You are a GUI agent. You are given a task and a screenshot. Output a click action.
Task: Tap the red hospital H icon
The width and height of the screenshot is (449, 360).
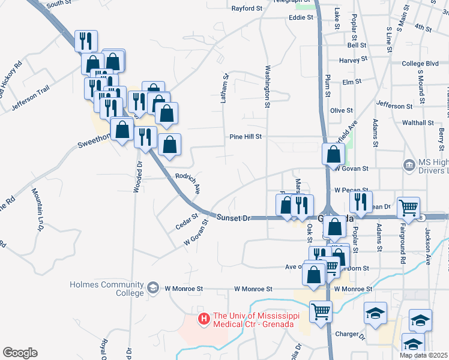point(204,317)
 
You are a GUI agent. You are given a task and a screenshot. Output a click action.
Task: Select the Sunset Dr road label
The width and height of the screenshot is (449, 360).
point(232,218)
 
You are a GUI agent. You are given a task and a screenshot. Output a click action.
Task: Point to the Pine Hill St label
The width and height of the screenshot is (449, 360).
point(246,137)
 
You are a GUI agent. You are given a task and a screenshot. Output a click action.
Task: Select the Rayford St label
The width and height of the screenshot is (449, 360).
point(247,8)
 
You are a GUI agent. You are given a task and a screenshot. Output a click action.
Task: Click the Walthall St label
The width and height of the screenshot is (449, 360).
point(418,122)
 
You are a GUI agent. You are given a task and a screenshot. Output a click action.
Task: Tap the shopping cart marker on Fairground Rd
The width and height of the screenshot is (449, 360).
point(408,207)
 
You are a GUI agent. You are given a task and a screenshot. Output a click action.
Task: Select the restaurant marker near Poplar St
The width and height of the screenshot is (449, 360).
point(360,201)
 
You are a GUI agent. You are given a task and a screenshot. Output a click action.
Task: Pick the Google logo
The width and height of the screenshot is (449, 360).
point(20,353)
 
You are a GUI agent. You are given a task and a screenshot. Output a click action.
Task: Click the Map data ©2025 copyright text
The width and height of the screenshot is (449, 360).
point(423,355)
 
